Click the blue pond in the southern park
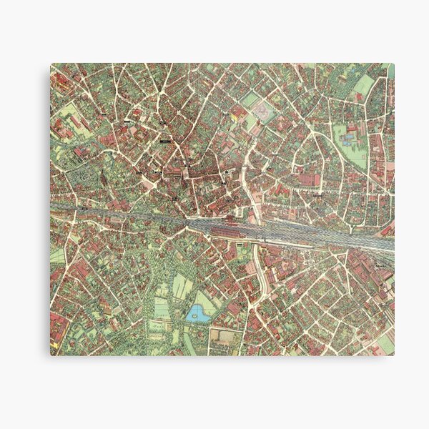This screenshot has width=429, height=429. pos(194,313)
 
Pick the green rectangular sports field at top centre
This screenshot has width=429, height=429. pos(251,100)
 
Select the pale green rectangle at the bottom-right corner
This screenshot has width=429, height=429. pos(385,344)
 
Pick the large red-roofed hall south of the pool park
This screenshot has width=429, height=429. pos(315,179)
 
